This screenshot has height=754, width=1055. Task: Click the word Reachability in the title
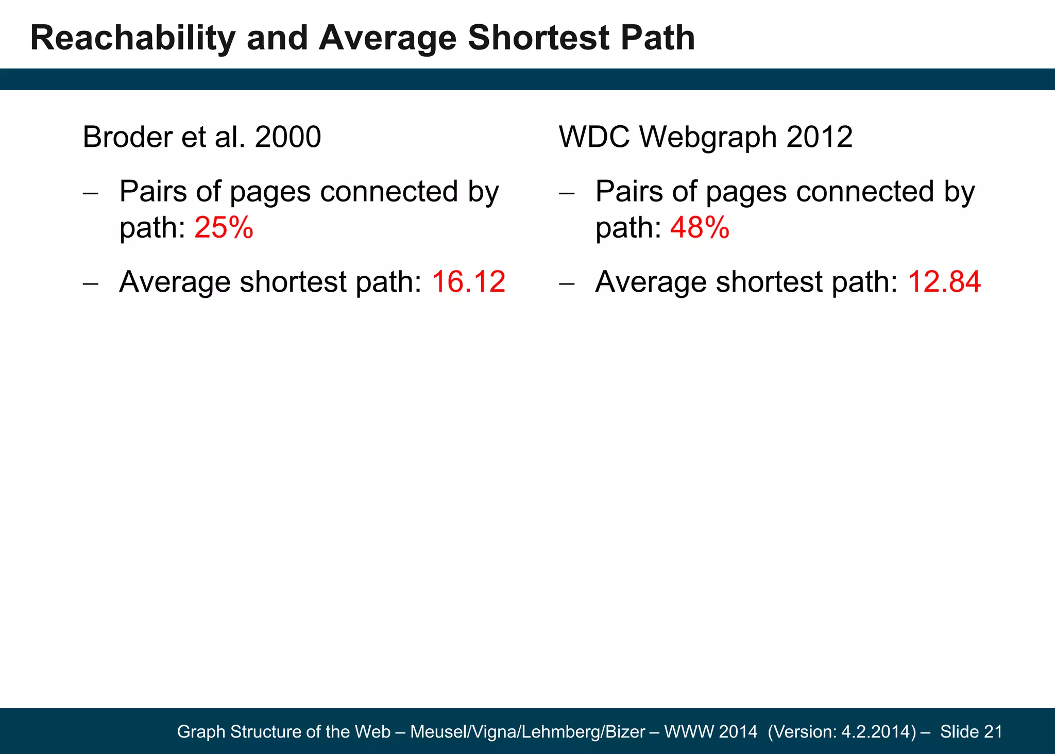pos(133,39)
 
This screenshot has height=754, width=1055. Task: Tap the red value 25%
pos(224,227)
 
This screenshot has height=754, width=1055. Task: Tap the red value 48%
pos(700,227)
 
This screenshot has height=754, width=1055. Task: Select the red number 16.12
pos(468,282)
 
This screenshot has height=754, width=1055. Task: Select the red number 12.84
pos(944,282)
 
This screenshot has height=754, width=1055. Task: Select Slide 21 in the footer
pos(971,732)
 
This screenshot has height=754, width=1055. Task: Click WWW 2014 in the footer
pos(710,732)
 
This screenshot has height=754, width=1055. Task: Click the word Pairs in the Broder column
pos(153,192)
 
